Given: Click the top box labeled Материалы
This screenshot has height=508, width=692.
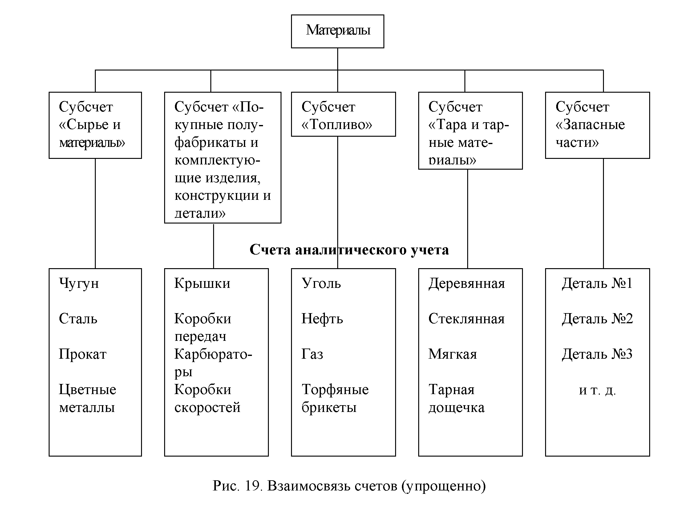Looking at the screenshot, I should [338, 31].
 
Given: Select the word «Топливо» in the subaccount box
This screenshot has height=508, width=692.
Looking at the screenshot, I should [337, 125].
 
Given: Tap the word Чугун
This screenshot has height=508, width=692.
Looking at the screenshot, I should [79, 284].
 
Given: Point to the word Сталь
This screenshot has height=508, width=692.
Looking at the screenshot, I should [78, 319].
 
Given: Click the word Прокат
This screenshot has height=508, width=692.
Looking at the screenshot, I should [83, 354].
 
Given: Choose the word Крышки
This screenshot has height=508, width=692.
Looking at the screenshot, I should [202, 284].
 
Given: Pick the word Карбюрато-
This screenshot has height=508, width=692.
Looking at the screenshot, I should [213, 354].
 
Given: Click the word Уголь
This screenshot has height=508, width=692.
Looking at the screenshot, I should [321, 284].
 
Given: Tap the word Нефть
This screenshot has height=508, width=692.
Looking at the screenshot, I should [322, 319].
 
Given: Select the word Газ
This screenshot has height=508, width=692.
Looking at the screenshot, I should [312, 354].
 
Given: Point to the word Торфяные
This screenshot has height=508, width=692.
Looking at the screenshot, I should [335, 390].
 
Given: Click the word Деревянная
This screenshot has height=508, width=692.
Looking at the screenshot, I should [467, 284].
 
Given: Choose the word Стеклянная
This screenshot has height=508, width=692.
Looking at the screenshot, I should [467, 319].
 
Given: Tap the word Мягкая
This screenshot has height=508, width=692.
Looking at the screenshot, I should [452, 354].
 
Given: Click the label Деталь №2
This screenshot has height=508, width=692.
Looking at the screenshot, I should [597, 319].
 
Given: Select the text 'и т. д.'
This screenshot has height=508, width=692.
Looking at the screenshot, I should [597, 390].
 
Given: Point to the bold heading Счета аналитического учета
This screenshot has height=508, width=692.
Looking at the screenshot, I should [349, 250].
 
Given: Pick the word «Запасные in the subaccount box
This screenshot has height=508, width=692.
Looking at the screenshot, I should [590, 125].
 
